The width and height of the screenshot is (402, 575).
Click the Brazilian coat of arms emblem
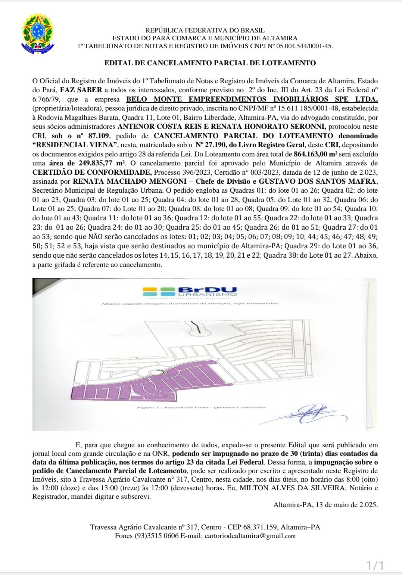(38, 32)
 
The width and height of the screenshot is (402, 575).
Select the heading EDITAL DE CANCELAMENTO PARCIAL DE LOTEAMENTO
(210, 63)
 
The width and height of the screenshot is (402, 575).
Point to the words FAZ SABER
(81, 90)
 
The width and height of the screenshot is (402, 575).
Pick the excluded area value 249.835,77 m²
(102, 163)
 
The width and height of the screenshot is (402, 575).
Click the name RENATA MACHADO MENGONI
(130, 181)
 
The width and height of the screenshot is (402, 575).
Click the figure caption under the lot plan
(201, 407)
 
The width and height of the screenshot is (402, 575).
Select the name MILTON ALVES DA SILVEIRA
(295, 488)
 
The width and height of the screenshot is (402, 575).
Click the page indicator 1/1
(374, 565)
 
